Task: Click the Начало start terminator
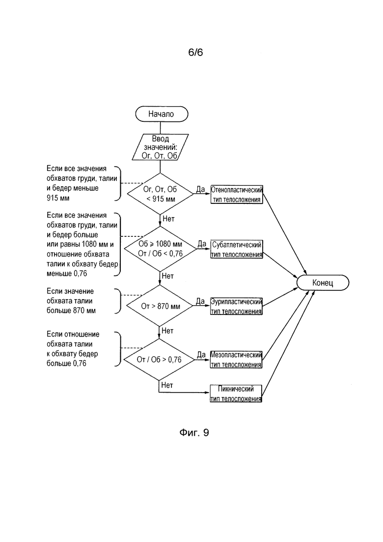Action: [x=162, y=114]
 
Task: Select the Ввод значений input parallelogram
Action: [x=160, y=147]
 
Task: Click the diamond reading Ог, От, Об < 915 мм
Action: [x=160, y=194]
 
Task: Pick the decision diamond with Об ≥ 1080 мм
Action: [x=160, y=249]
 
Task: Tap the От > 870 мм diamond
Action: [x=160, y=306]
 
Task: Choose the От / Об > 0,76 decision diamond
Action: [x=159, y=360]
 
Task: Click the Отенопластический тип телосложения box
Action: [x=237, y=195]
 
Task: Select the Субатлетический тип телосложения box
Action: [x=237, y=249]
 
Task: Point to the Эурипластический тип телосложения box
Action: [x=236, y=306]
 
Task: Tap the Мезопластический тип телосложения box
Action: [x=236, y=360]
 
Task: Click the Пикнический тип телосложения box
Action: [x=236, y=394]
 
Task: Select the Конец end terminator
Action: [x=323, y=283]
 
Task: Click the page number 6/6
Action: [x=195, y=53]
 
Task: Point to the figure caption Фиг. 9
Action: [x=194, y=433]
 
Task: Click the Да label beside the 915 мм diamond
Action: [x=201, y=189]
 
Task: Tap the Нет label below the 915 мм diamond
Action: [x=168, y=219]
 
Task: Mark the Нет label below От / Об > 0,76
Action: [x=167, y=385]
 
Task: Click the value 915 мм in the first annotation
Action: [x=58, y=198]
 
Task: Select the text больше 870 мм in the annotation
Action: [x=71, y=311]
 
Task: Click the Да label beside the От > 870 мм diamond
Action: [x=200, y=301]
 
